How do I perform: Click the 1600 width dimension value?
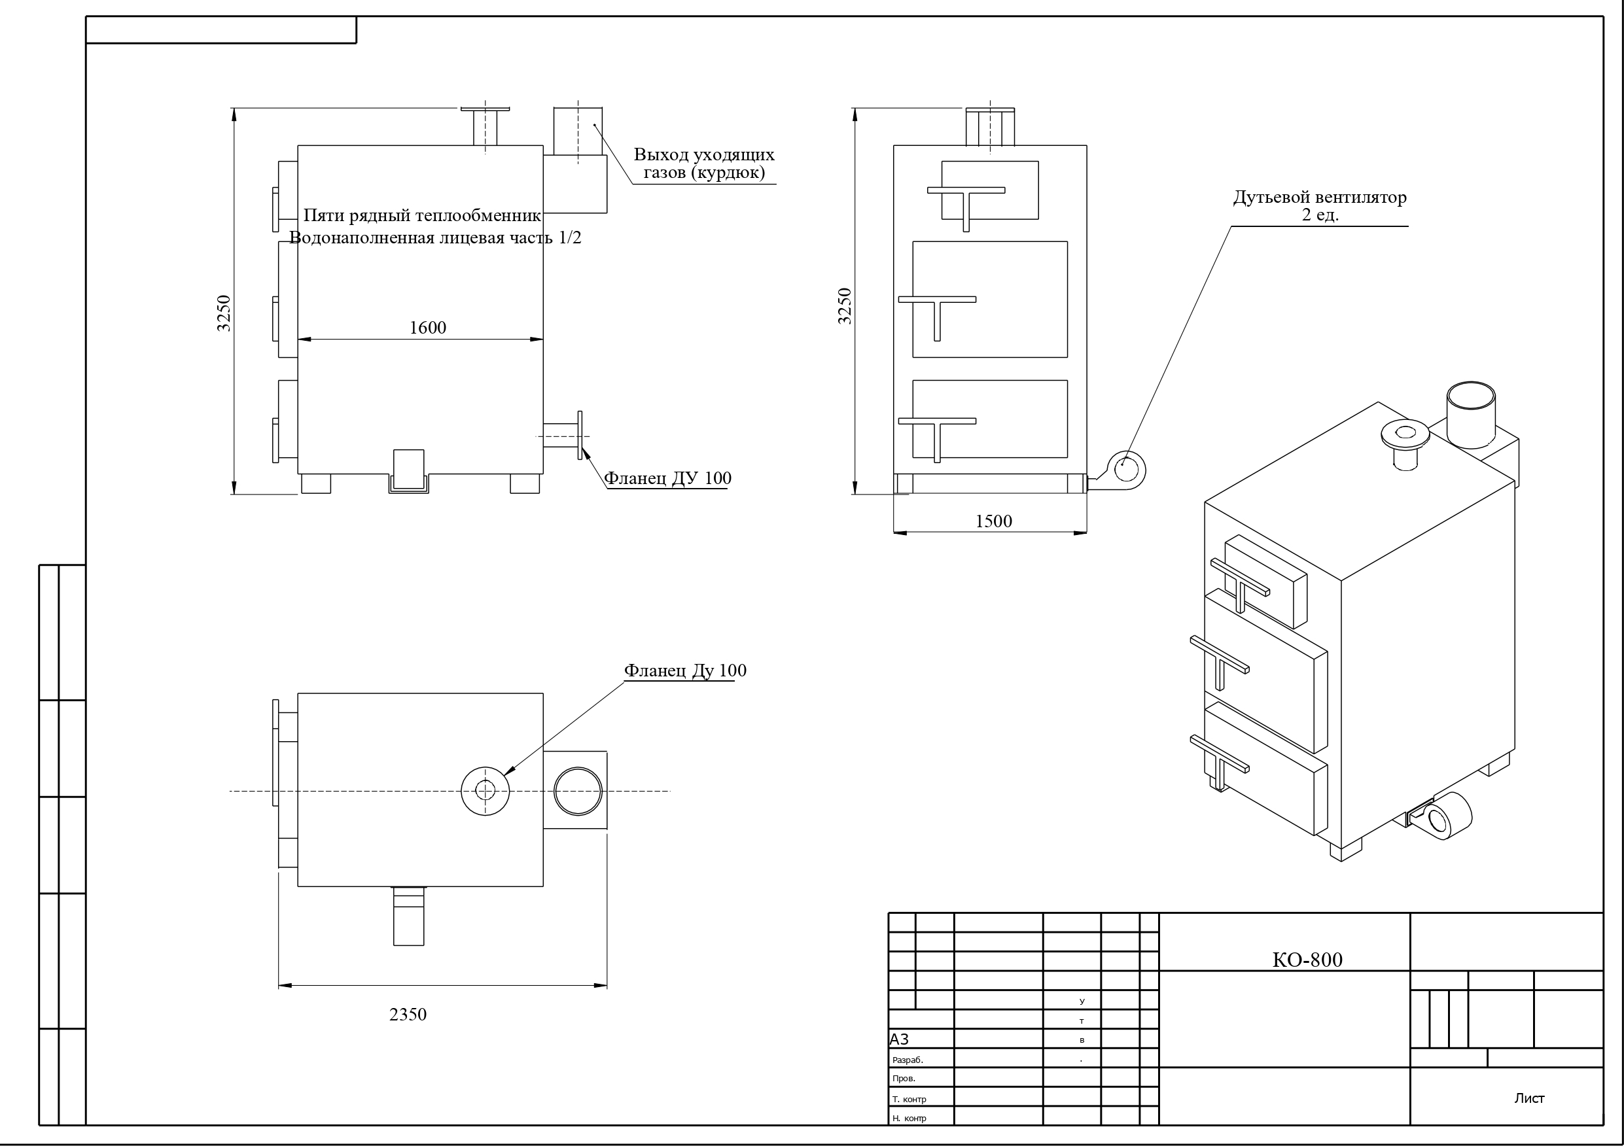pos(428,328)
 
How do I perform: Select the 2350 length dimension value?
pos(408,1015)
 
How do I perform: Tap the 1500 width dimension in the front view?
pos(994,521)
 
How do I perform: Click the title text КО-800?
pos(1307,960)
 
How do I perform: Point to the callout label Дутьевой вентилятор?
pos(1320,198)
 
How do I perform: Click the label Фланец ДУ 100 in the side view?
pos(667,478)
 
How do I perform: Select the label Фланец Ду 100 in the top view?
pos(685,670)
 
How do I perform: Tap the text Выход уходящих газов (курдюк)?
pos(704,164)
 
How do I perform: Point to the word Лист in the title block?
pos(1529,1098)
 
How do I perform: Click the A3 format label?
pos(899,1039)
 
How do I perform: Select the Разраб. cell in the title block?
pos(908,1060)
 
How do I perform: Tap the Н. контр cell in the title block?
pos(909,1119)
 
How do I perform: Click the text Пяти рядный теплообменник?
pos(422,216)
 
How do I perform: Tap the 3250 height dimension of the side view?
pos(224,313)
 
